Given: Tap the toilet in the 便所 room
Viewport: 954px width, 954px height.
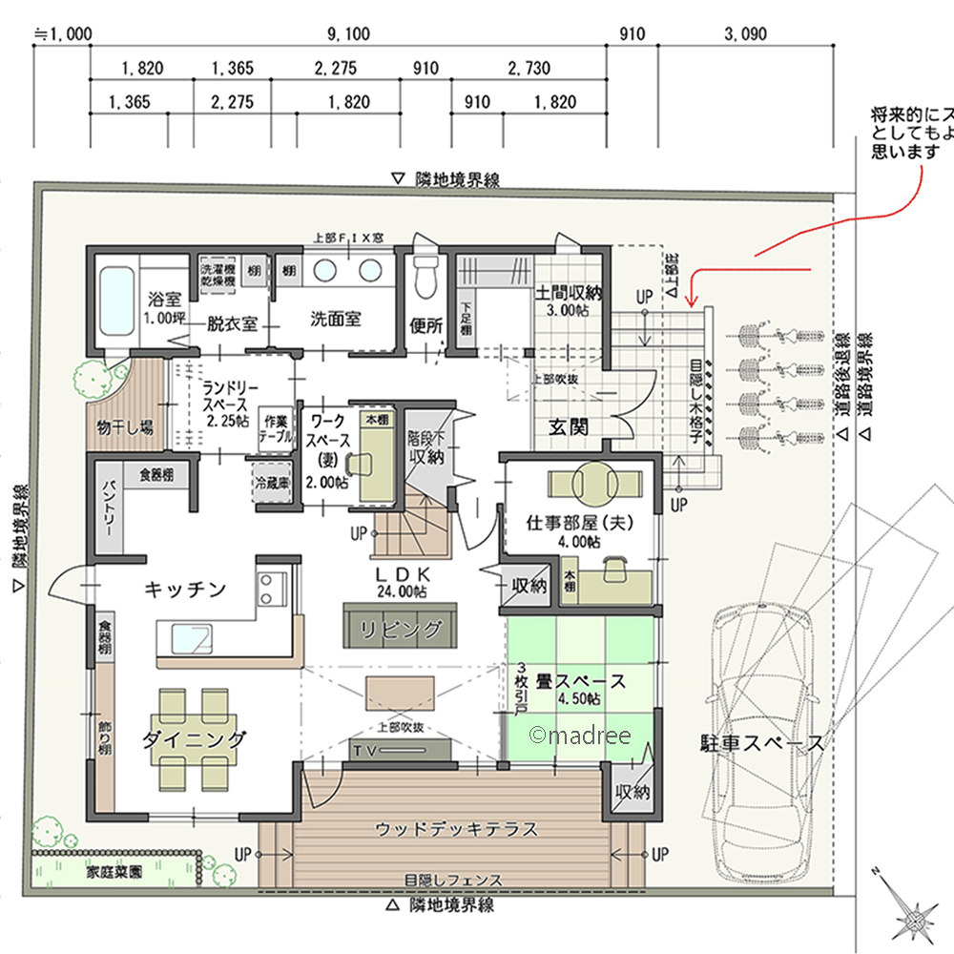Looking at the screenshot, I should [x=426, y=277].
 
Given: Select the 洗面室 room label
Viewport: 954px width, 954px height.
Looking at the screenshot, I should [x=336, y=320].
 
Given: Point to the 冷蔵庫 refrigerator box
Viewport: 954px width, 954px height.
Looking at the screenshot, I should [x=271, y=483].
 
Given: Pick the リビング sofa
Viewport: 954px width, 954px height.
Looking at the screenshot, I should [x=400, y=629].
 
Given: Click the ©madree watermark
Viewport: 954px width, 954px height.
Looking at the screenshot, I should [x=577, y=735].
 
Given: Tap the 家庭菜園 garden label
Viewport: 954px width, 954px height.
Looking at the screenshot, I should [x=114, y=871].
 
